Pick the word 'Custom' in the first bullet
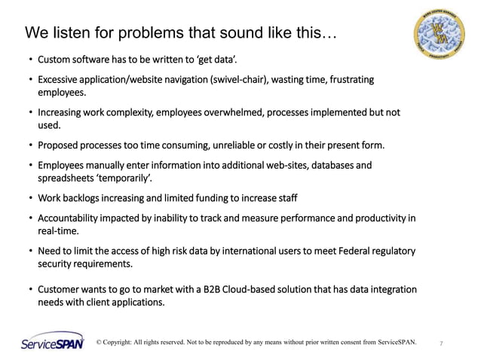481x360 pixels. tap(55, 59)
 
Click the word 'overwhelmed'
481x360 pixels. tap(211, 112)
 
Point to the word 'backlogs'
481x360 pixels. tap(87, 198)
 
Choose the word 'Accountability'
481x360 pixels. tap(72, 218)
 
